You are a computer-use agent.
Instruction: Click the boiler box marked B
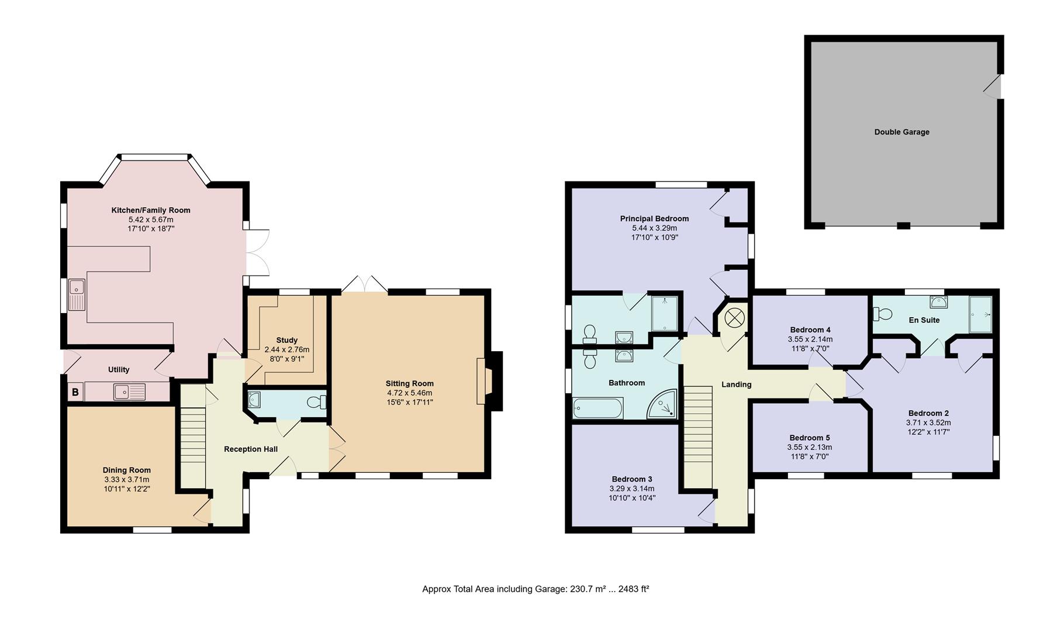(x=75, y=392)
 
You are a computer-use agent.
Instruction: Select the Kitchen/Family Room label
(x=151, y=210)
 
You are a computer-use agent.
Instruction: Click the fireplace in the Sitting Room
(x=488, y=382)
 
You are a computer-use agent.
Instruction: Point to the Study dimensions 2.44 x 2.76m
(x=286, y=349)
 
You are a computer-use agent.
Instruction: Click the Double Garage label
(x=901, y=132)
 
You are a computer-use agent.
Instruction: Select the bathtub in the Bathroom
(x=598, y=408)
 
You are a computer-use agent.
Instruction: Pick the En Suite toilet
(x=882, y=314)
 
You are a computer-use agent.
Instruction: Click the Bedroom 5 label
(x=809, y=438)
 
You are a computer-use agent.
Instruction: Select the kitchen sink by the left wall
(x=77, y=295)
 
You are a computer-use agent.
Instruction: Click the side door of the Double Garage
(x=994, y=87)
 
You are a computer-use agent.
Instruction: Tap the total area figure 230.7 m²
(x=588, y=589)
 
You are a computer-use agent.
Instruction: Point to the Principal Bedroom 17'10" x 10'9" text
(x=654, y=238)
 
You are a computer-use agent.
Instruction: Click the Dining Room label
(x=127, y=470)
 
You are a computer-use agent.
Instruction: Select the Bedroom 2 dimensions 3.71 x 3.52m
(x=928, y=423)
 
